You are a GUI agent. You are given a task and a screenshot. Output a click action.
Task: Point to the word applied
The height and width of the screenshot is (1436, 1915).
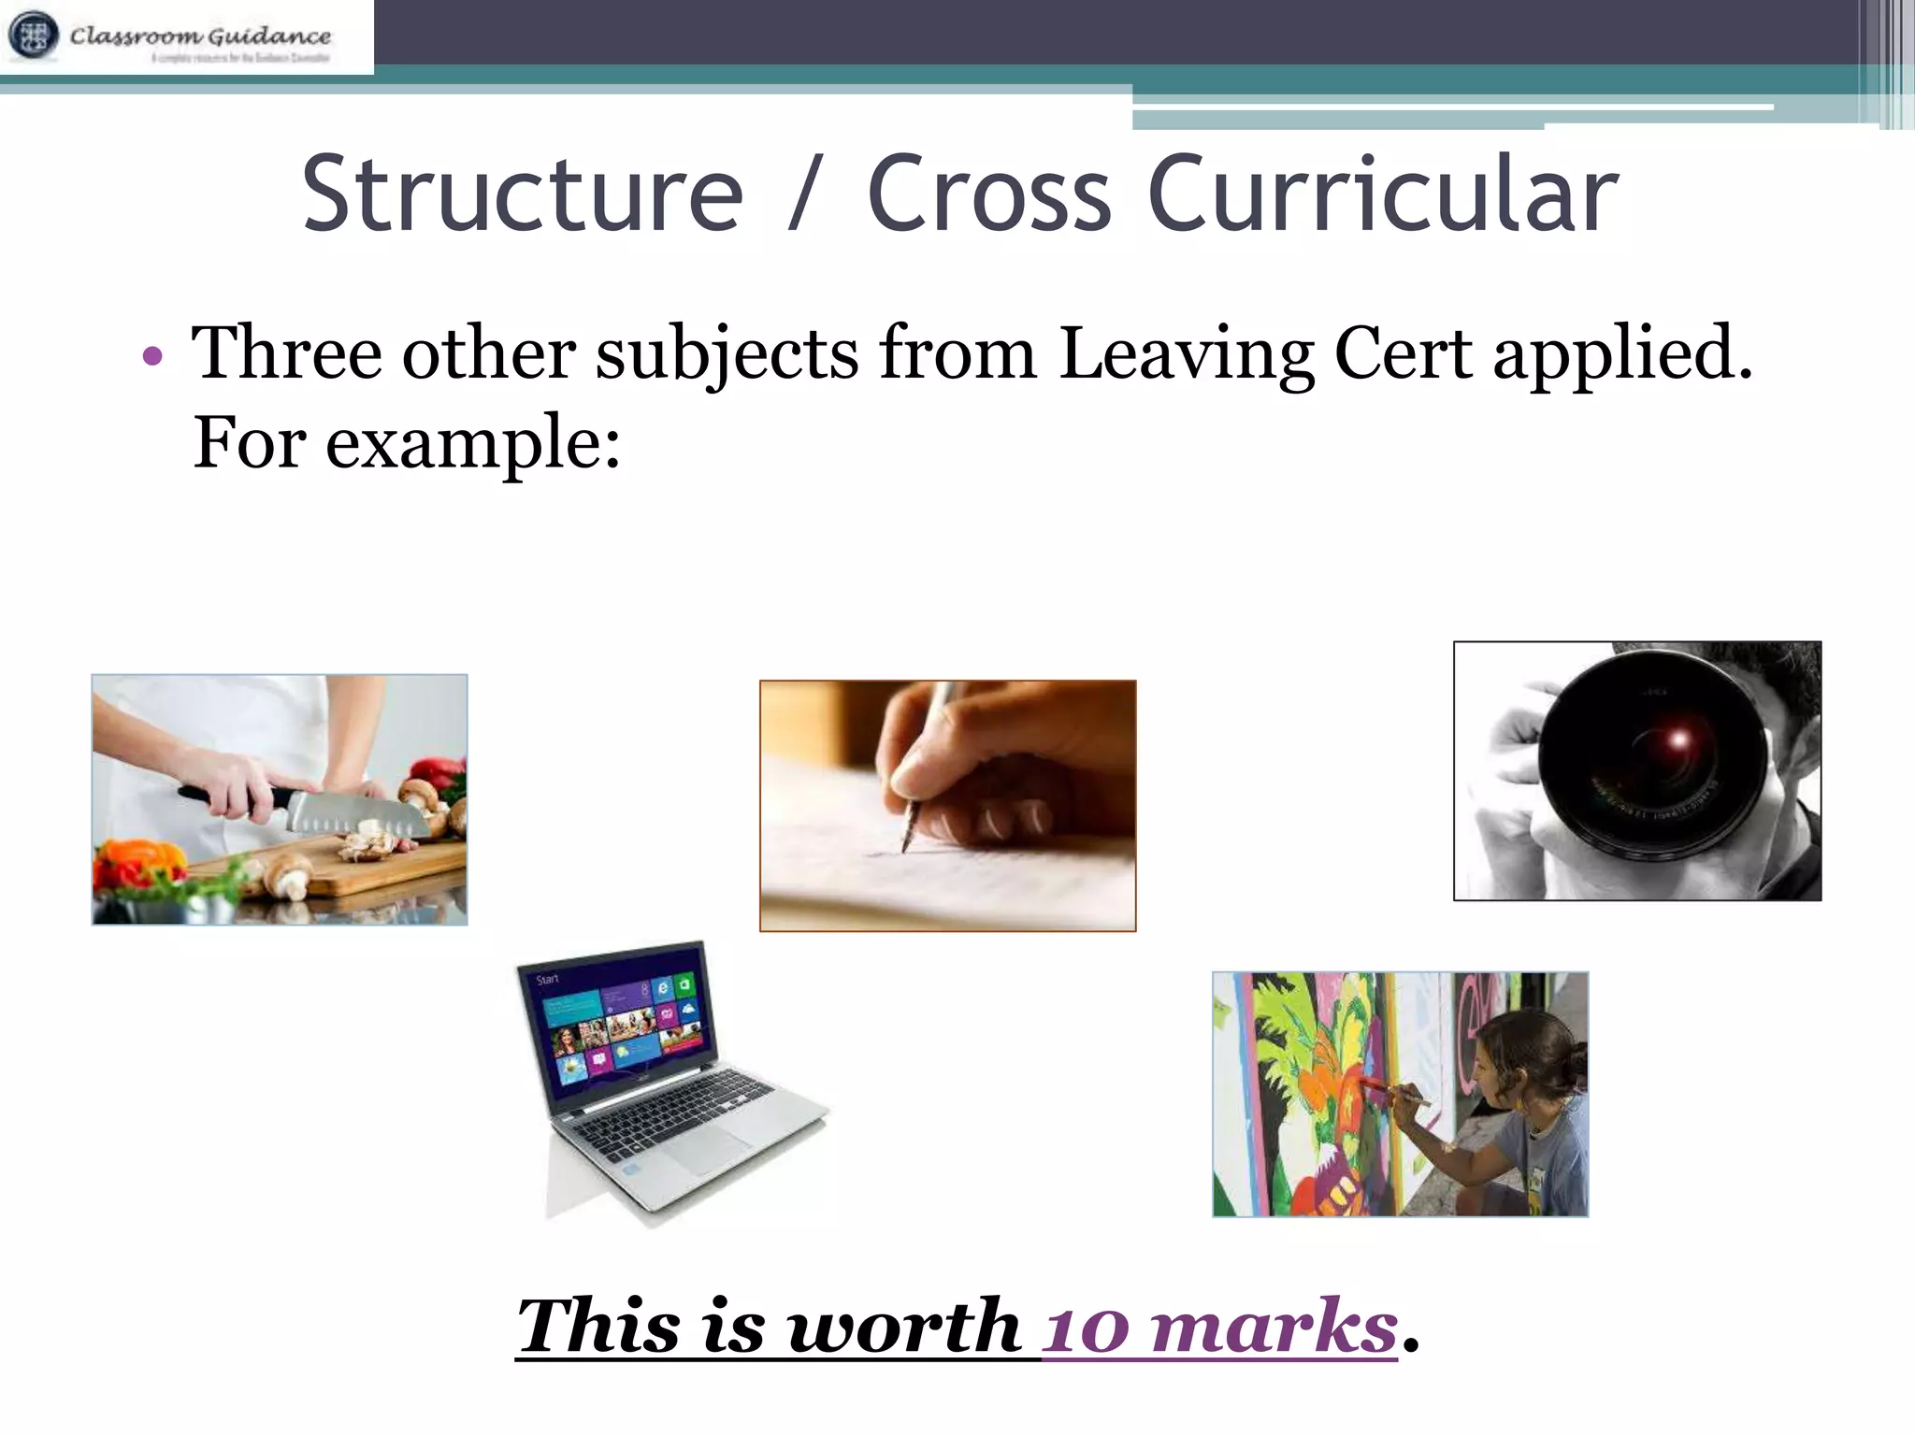click(x=1621, y=356)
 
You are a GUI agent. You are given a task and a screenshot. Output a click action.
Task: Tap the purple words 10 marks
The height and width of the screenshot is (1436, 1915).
click(x=1219, y=1327)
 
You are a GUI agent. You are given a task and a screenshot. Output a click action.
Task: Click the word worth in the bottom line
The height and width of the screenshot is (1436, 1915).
click(x=903, y=1327)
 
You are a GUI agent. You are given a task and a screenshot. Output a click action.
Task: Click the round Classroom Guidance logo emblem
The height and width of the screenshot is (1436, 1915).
click(x=33, y=36)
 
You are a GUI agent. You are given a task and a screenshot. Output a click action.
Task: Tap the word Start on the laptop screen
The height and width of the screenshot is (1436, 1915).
click(x=548, y=979)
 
